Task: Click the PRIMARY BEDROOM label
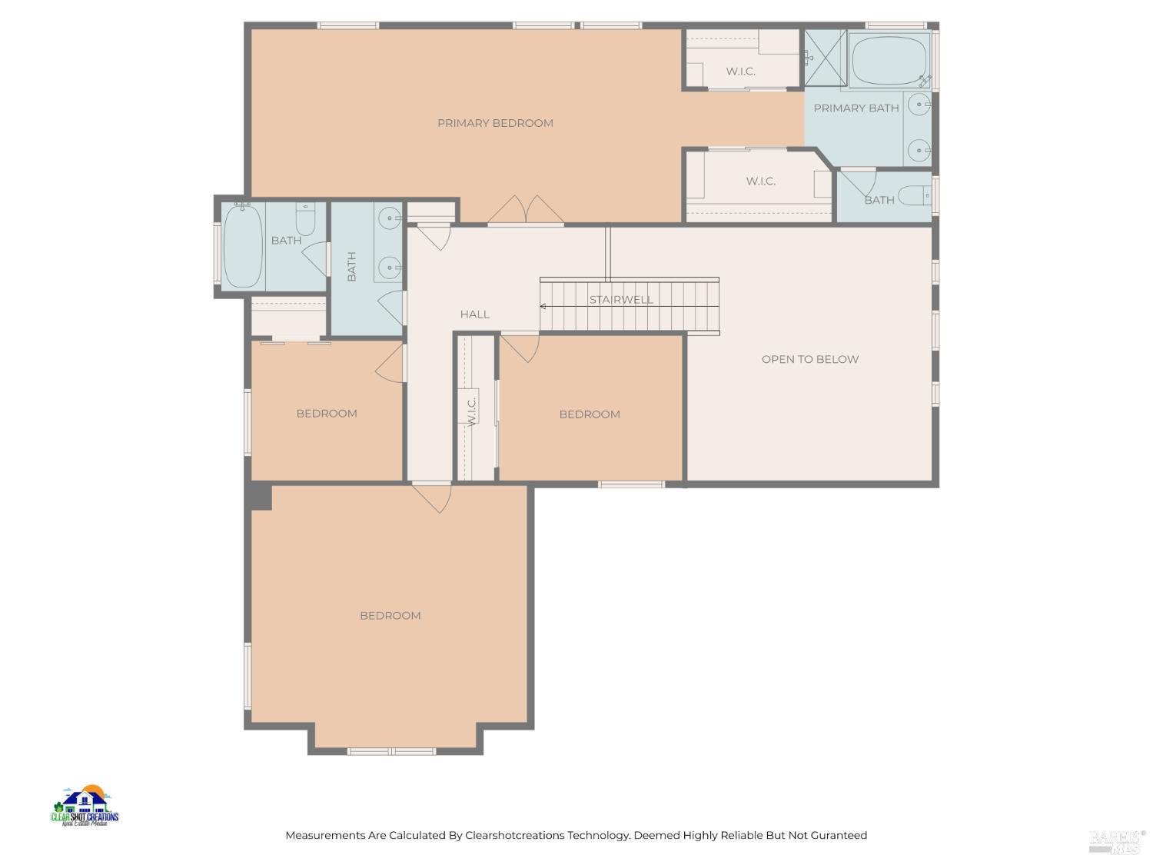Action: pyautogui.click(x=495, y=123)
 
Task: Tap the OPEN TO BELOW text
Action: pyautogui.click(x=809, y=359)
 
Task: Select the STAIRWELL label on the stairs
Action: pyautogui.click(x=621, y=300)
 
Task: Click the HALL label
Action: pyautogui.click(x=474, y=314)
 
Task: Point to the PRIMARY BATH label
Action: pyautogui.click(x=856, y=108)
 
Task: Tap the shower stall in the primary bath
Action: pyautogui.click(x=825, y=57)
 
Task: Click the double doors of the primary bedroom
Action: pyautogui.click(x=527, y=211)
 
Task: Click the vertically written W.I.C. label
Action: pyautogui.click(x=472, y=409)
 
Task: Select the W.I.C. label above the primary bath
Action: pyautogui.click(x=740, y=72)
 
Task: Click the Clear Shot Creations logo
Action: pyautogui.click(x=85, y=807)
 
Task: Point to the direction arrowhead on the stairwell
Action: pyautogui.click(x=543, y=306)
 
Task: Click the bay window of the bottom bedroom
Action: pyautogui.click(x=392, y=750)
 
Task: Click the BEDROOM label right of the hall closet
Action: pyautogui.click(x=589, y=414)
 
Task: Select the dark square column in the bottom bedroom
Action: pyautogui.click(x=260, y=497)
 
